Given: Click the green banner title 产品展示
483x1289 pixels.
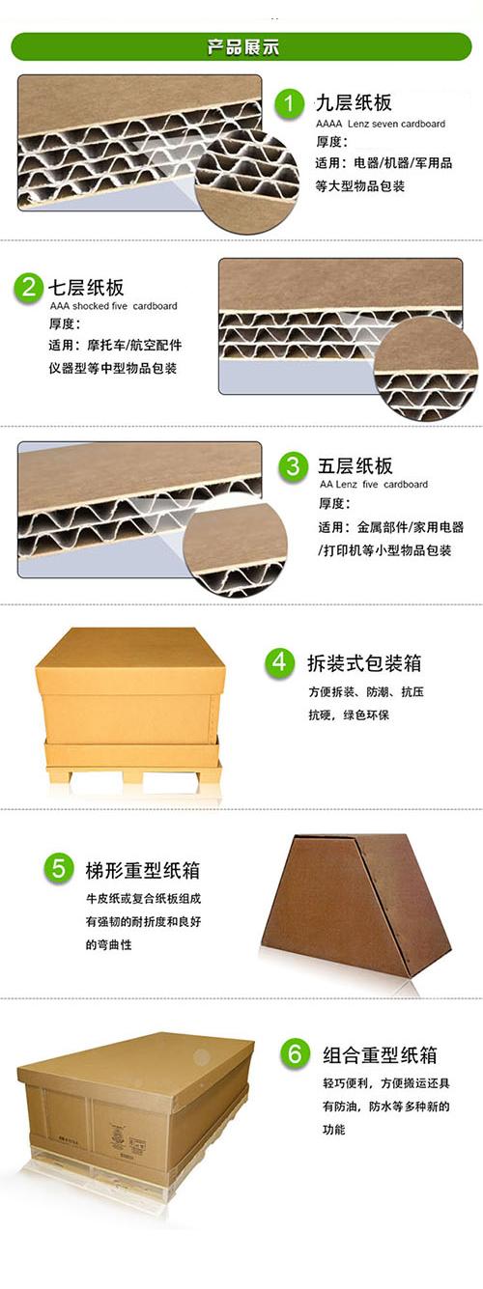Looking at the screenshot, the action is tap(242, 47).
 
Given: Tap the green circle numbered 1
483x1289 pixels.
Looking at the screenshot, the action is tap(289, 103).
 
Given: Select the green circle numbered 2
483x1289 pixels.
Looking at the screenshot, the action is tap(29, 287).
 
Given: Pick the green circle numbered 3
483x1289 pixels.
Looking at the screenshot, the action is tap(294, 465).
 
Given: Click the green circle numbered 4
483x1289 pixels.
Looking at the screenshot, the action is tap(279, 662).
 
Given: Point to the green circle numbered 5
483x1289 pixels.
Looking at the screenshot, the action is tap(59, 869).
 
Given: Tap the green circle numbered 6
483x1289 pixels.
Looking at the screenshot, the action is tap(295, 1053).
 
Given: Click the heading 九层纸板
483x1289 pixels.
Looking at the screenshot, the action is tap(354, 103).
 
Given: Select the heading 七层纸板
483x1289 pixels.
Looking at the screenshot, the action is tap(86, 287).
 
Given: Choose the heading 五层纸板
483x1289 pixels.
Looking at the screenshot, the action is tap(355, 465).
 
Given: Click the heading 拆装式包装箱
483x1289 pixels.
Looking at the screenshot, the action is tap(364, 663).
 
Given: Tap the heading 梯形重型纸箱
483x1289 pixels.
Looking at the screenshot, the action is tap(143, 870).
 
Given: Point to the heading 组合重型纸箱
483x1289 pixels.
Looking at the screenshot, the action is tap(380, 1054).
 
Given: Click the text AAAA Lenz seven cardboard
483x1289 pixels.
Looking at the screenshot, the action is tap(381, 124).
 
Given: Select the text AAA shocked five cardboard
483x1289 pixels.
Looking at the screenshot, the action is tap(113, 306).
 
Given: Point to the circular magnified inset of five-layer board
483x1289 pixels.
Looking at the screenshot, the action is tap(236, 549).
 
